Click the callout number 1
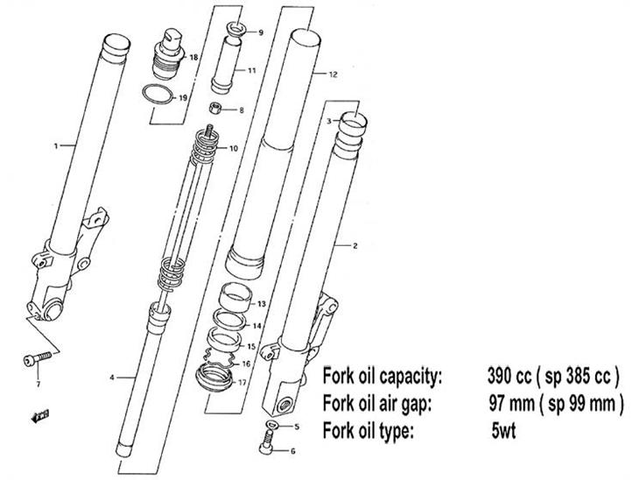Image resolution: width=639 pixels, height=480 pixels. [x=56, y=146]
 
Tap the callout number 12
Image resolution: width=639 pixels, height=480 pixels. [x=334, y=76]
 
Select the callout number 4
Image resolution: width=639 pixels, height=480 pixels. [x=112, y=378]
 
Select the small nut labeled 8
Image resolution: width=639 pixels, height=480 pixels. [x=214, y=109]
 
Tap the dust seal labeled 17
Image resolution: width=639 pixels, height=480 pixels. [x=214, y=381]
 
